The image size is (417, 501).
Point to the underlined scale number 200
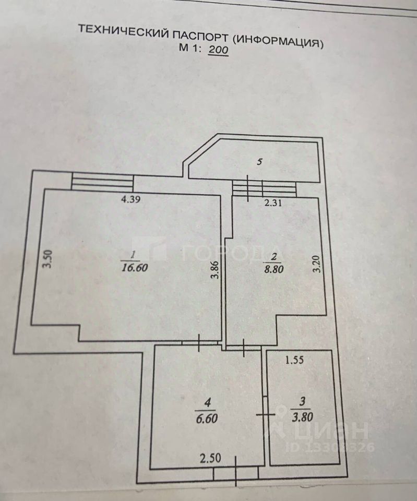point(219,51)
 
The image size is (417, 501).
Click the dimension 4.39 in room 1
point(132,199)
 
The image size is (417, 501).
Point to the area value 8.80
point(273,270)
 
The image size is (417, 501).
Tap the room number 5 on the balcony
point(259,162)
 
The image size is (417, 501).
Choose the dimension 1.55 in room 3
point(295,359)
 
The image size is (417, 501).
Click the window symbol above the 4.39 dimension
point(102,182)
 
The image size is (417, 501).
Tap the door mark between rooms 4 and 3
point(265,415)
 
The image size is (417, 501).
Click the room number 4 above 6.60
point(208,402)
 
